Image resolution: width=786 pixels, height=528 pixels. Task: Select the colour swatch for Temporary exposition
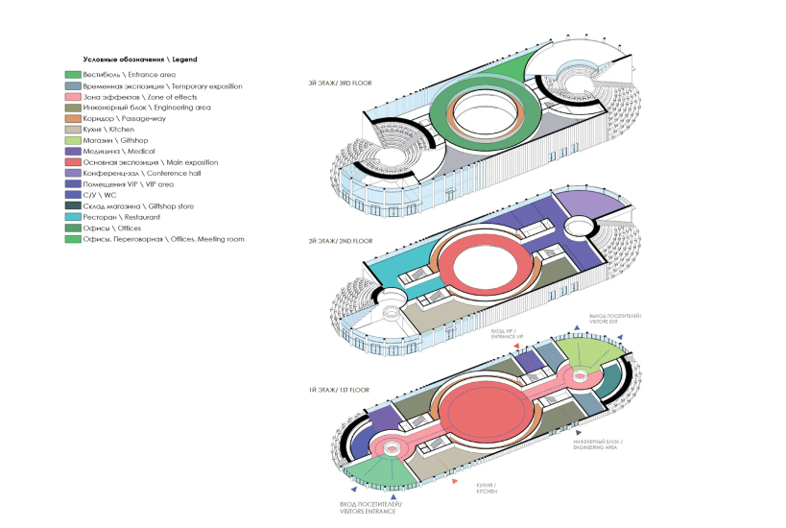pos(73,86)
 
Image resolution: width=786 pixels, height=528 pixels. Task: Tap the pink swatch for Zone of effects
pos(73,98)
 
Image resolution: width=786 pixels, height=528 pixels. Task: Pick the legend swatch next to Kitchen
pos(73,130)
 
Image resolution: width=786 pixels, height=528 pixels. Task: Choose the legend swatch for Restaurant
pos(73,217)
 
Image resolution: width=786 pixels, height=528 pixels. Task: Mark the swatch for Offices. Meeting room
pos(73,238)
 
